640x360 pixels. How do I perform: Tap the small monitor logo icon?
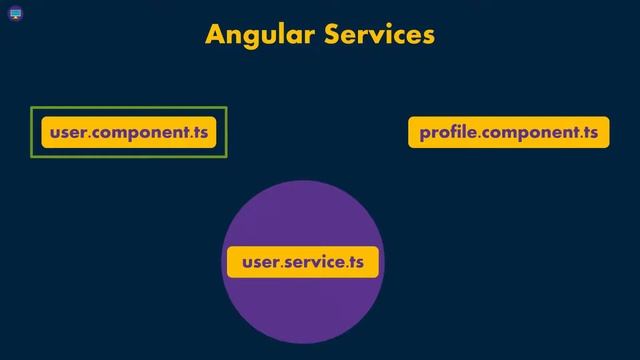pos(16,14)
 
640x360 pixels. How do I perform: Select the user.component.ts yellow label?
pos(128,132)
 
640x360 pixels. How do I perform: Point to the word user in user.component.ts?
pos(67,132)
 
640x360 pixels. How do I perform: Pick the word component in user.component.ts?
pos(137,133)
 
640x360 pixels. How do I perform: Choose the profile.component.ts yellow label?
pos(508,132)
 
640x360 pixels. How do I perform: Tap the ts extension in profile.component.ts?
pos(589,132)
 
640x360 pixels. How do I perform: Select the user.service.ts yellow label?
pos(302,262)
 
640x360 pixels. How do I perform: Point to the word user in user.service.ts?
pos(259,263)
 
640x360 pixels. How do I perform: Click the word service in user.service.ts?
pos(314,263)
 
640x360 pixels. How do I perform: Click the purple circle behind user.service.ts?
pos(302,310)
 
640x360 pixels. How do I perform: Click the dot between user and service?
pos(282,268)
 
